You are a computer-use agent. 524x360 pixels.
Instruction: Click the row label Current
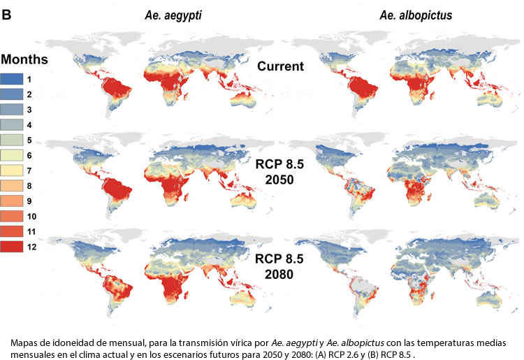coord(279,67)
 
